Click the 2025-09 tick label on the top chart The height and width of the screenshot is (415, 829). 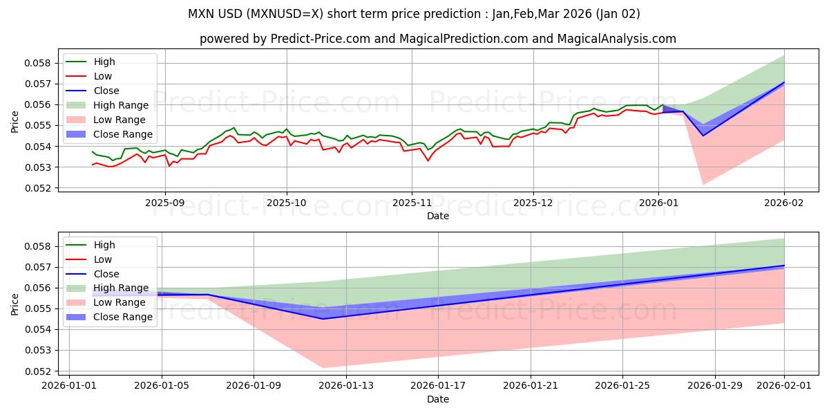[164, 203]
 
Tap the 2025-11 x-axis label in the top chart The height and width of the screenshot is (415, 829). [412, 203]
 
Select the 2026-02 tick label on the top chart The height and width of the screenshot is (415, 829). [784, 203]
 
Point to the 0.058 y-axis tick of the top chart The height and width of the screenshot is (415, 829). [37, 63]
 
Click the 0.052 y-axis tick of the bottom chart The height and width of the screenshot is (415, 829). [37, 371]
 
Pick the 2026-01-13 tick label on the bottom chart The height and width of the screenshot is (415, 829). [346, 386]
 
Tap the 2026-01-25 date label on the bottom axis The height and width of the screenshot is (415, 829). [623, 386]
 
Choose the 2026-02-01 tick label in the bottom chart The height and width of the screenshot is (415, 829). [784, 386]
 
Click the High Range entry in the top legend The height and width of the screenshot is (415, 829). [121, 105]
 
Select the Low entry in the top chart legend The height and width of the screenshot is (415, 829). [103, 76]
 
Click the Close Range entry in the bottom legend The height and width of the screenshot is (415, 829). [123, 317]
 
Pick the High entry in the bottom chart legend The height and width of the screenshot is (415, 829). [104, 245]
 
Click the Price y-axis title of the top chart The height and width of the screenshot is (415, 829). [15, 121]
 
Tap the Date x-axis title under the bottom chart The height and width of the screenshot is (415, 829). [438, 399]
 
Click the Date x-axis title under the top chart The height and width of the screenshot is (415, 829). [438, 216]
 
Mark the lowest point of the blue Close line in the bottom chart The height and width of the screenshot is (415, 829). [323, 319]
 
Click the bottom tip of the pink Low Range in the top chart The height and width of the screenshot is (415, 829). [703, 185]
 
